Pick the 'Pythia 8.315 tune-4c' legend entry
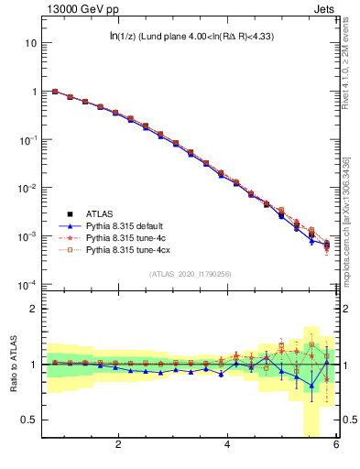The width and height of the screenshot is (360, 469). pyautogui.click(x=127, y=238)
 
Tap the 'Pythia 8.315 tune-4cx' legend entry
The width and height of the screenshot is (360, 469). pyautogui.click(x=129, y=249)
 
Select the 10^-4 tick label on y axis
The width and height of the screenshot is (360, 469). pyautogui.click(x=29, y=285)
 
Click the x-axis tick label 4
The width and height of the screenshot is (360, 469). pyautogui.click(x=227, y=446)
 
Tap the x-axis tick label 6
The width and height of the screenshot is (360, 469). pyautogui.click(x=336, y=446)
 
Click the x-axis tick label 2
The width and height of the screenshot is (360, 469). pyautogui.click(x=118, y=446)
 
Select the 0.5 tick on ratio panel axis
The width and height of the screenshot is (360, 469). pyautogui.click(x=30, y=420)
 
